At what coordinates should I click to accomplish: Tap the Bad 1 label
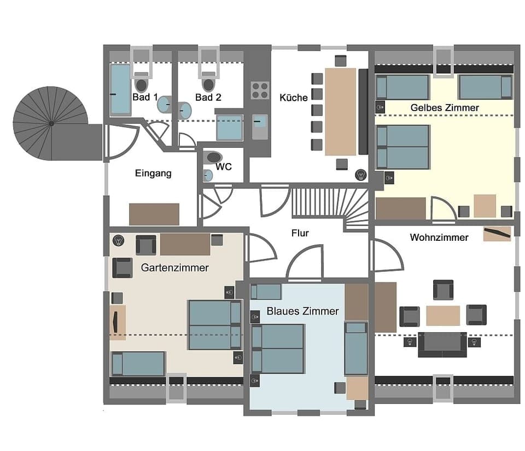(145, 97)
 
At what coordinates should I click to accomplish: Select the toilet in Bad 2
(208, 83)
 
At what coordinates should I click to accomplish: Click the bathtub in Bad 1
(120, 90)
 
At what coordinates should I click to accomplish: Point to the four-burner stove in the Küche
(260, 90)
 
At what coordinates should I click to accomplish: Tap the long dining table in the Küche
(341, 111)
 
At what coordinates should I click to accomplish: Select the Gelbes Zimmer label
(444, 108)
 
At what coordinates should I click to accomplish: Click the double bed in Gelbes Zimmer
(403, 147)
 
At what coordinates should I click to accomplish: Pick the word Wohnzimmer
(439, 238)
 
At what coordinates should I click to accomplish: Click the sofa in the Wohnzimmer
(442, 344)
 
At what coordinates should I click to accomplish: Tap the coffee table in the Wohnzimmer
(443, 316)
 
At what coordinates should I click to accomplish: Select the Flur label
(300, 233)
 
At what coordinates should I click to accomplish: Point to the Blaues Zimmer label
(302, 311)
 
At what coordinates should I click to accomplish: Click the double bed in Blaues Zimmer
(278, 348)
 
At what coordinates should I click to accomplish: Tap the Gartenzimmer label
(174, 268)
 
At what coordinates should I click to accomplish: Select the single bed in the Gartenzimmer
(137, 363)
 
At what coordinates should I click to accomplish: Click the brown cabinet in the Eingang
(154, 214)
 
